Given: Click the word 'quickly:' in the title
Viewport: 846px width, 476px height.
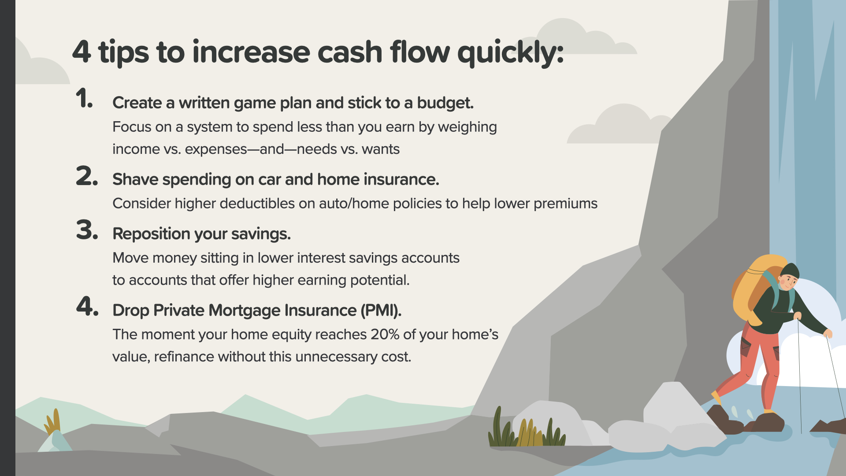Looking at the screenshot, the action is (510, 53).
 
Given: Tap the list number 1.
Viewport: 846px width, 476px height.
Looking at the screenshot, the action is (84, 98).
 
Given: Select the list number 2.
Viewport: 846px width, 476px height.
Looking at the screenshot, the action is (87, 176).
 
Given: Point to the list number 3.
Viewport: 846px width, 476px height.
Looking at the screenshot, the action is (87, 230).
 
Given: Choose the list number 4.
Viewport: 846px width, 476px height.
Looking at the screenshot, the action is (87, 306).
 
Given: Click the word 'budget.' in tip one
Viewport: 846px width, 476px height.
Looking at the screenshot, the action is (445, 103).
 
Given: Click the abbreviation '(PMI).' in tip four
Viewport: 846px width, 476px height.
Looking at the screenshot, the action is (381, 310).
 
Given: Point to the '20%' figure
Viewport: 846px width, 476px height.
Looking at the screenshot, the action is (385, 334).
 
